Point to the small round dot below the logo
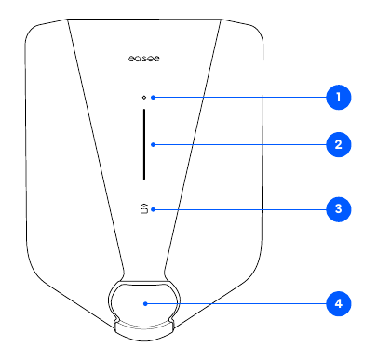(143, 97)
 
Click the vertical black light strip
(143, 144)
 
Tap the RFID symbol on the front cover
(143, 208)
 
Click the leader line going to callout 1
(242, 97)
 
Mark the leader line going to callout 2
(242, 144)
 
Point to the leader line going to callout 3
(242, 209)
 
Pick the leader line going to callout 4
(242, 303)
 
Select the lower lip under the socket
(143, 327)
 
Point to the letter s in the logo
(143, 58)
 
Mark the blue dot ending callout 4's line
(146, 303)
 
